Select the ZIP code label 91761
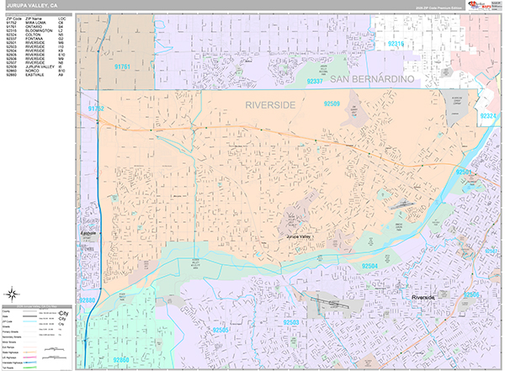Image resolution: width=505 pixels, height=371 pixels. point(123,66)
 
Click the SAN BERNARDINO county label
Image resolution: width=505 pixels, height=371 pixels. point(373,78)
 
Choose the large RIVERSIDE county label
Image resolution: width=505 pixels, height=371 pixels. point(272,105)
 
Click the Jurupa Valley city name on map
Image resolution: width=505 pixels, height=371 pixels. point(304,238)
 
